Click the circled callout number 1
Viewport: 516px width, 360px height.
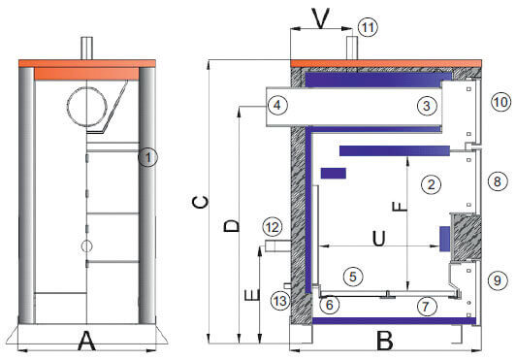147,157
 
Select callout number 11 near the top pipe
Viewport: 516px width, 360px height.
368,27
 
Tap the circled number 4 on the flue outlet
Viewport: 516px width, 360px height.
277,106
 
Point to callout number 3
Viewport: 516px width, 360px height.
427,106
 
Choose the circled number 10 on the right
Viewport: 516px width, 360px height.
500,102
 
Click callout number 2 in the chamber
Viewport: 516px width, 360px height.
431,184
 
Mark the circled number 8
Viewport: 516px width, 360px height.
498,181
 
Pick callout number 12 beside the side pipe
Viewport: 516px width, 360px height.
273,227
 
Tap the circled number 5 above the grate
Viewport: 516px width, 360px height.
353,277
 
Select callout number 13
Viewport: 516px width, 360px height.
280,301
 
